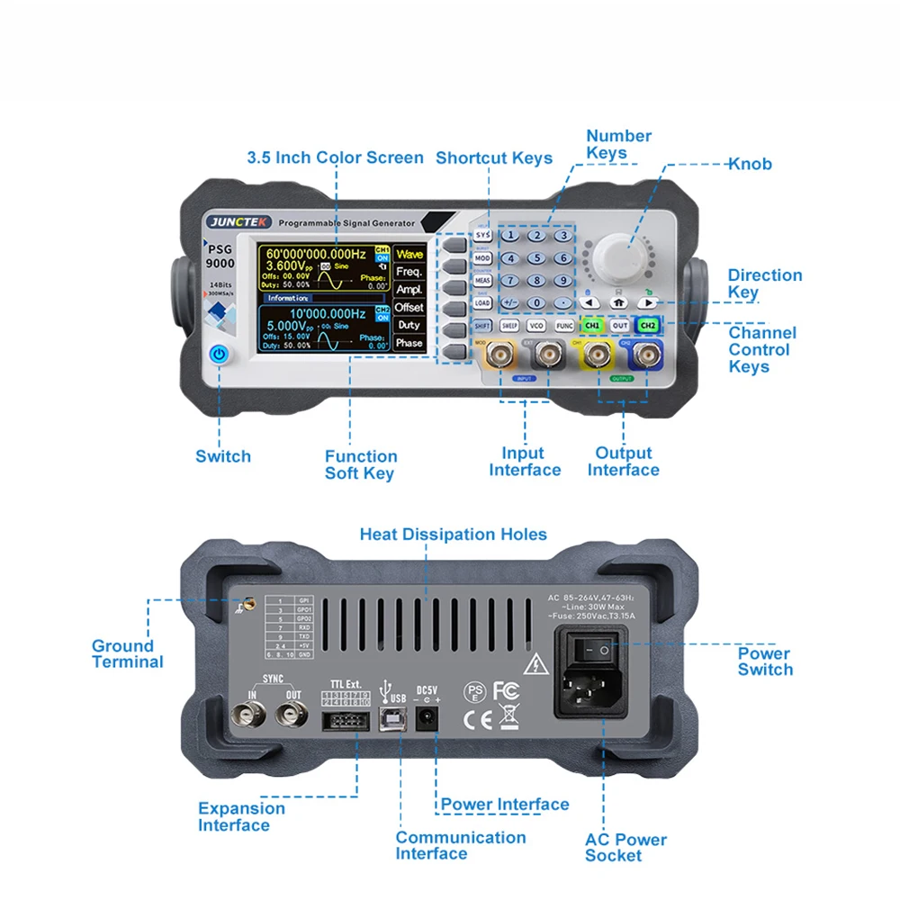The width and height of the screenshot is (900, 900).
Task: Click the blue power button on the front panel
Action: [x=219, y=354]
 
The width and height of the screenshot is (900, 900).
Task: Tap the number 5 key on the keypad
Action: [x=536, y=258]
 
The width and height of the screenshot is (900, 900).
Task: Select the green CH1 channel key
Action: [x=592, y=326]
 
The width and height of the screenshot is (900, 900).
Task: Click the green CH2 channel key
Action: [x=648, y=326]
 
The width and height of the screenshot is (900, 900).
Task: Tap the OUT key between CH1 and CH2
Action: [x=620, y=326]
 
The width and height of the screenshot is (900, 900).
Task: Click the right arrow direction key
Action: [x=648, y=303]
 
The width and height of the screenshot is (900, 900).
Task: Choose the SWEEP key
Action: [x=509, y=326]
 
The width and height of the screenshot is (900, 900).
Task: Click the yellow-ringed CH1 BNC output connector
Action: [x=594, y=358]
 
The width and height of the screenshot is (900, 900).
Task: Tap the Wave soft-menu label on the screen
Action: [x=409, y=255]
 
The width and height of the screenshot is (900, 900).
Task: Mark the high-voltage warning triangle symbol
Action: [x=536, y=665]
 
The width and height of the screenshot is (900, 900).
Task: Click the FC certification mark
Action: [x=507, y=690]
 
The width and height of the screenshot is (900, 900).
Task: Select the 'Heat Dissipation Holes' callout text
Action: [x=453, y=535]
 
